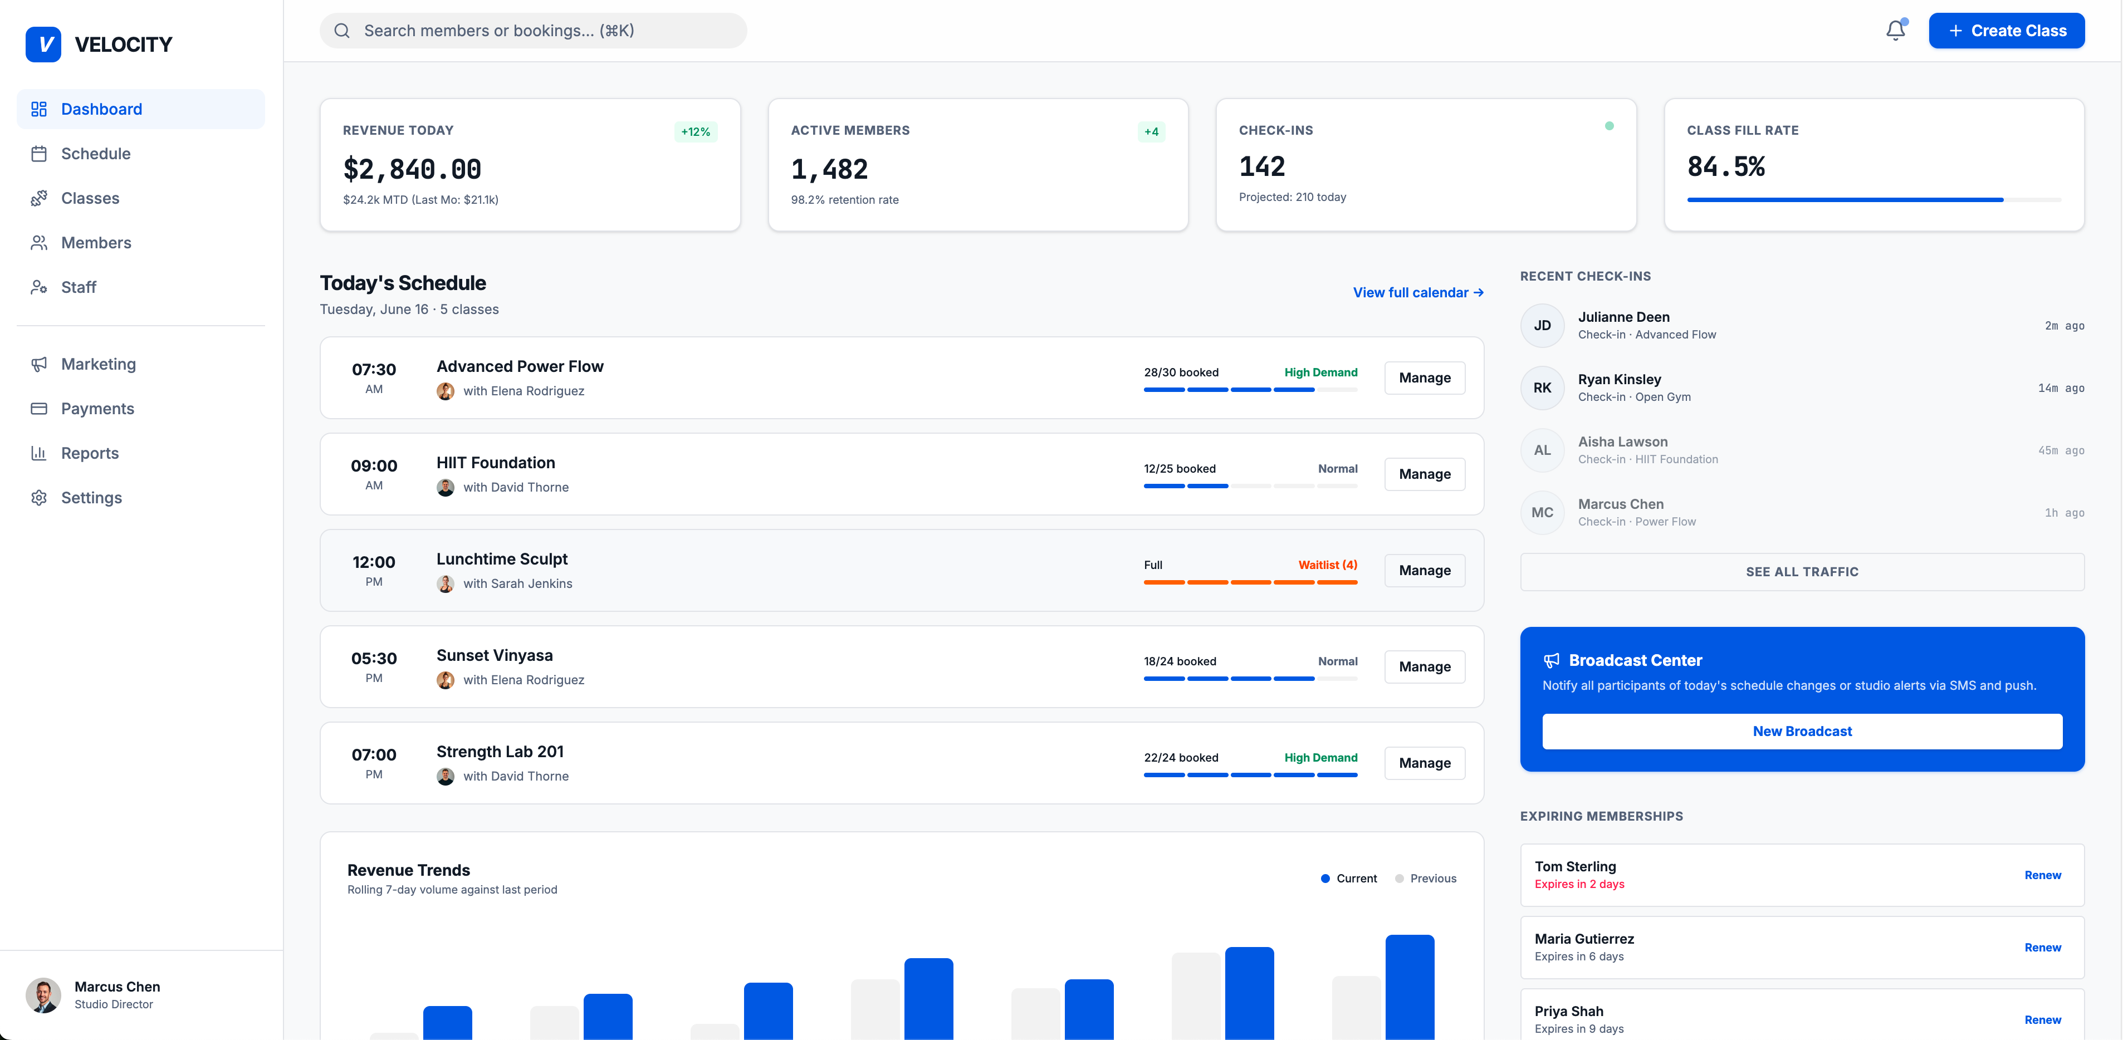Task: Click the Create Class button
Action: (2006, 31)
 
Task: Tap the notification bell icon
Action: (1896, 31)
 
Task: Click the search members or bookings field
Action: (533, 31)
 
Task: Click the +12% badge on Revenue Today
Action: (696, 132)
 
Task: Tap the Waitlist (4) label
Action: (1328, 565)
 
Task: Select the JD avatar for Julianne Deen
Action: (1542, 326)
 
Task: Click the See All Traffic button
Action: (1802, 572)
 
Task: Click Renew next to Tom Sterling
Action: (2043, 875)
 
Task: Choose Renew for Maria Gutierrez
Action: (2043, 948)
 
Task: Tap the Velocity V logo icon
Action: (43, 45)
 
